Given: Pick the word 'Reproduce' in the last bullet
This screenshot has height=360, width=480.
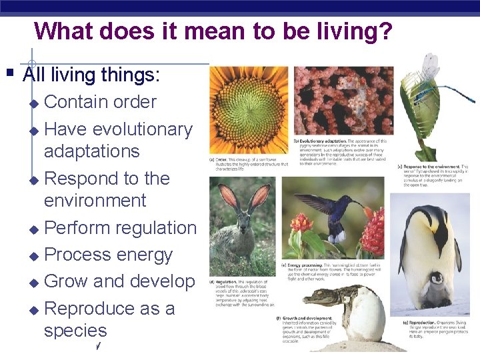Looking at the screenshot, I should point(95,309).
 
